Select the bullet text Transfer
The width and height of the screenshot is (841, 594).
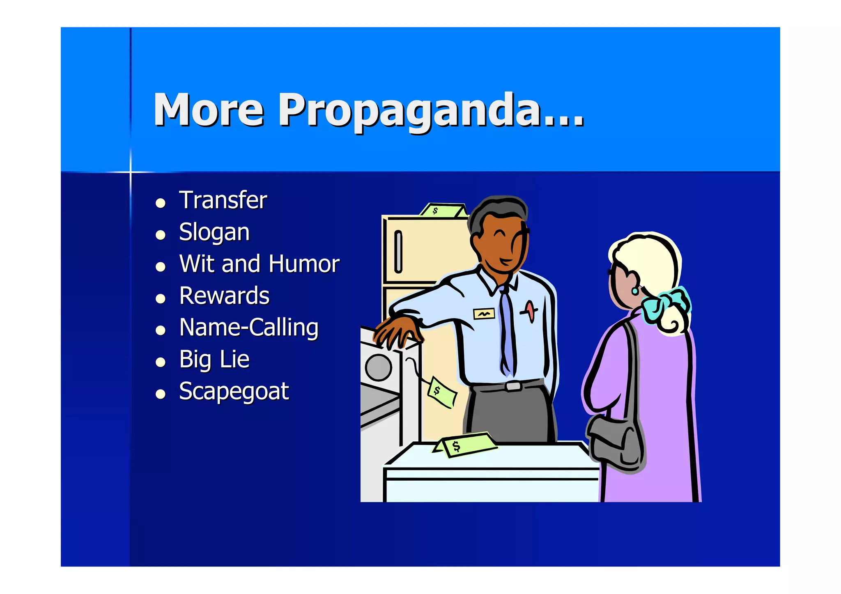tap(223, 200)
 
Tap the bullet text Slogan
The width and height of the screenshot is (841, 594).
tap(214, 232)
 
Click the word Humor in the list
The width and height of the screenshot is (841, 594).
tap(304, 264)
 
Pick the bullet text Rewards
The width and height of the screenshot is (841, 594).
tap(224, 296)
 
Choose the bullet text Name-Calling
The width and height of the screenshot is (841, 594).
tap(249, 328)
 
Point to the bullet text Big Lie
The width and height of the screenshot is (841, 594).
tap(214, 360)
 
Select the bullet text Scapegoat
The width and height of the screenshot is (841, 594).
tap(234, 391)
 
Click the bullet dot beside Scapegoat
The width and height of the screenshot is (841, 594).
tap(161, 394)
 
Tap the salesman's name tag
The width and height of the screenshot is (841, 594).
tap(484, 314)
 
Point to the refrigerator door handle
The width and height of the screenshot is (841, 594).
tap(398, 252)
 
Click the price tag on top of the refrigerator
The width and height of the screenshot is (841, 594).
tap(443, 211)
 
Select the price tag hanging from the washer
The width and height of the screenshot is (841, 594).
tap(441, 391)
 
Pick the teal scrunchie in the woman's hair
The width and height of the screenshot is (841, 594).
tap(665, 304)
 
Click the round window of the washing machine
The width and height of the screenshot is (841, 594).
tap(378, 367)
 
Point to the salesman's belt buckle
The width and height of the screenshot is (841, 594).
tap(513, 386)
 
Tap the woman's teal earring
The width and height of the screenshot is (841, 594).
tap(635, 291)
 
